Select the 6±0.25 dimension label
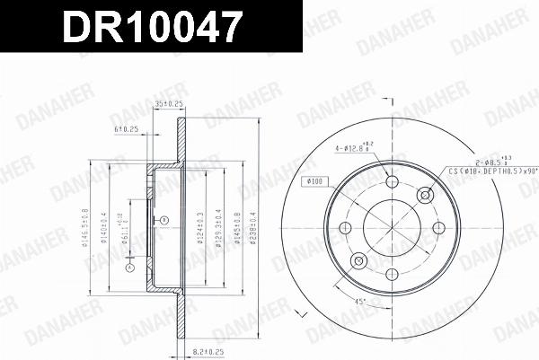tap(127, 130)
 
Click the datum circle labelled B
tap(154, 221)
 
